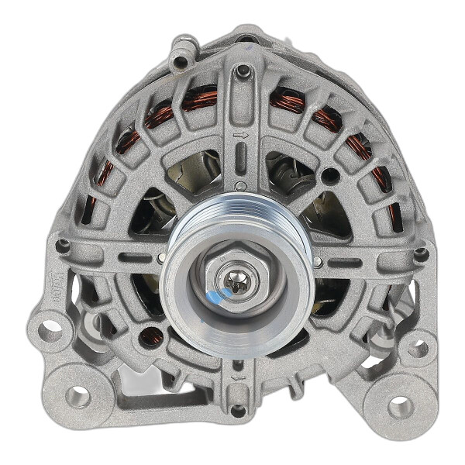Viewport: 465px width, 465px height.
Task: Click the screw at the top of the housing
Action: click(x=243, y=71)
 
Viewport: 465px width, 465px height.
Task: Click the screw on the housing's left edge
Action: click(x=62, y=246)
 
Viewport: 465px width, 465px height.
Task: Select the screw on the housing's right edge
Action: click(x=420, y=254)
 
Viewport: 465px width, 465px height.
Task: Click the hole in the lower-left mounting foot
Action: click(x=77, y=396)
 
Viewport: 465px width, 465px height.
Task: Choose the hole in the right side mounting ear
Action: click(x=418, y=348)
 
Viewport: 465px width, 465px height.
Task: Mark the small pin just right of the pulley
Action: click(x=318, y=262)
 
